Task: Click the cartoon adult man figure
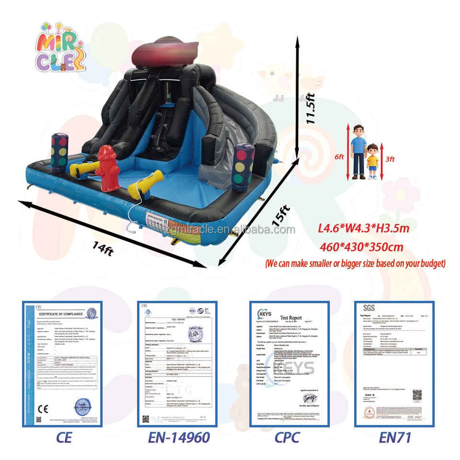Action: [x=358, y=151]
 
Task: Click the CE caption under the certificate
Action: [x=64, y=437]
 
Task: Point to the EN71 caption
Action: [x=395, y=437]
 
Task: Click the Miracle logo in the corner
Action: [x=60, y=46]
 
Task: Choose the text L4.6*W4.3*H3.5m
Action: [x=364, y=228]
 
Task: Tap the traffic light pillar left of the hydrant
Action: [x=59, y=151]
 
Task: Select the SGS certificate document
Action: [x=394, y=364]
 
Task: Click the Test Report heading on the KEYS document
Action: [x=291, y=318]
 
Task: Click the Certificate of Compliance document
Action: [x=63, y=364]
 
